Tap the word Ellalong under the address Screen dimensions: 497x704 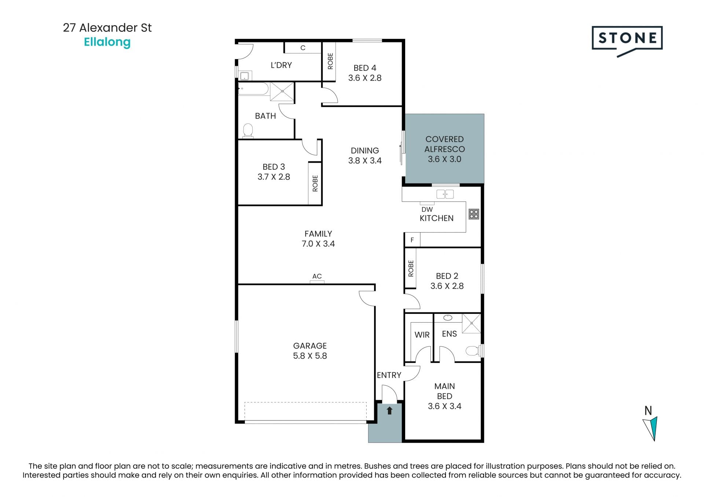107,42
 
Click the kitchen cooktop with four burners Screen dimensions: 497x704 474,214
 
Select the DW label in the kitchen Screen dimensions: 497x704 427,209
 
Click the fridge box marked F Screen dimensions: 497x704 412,240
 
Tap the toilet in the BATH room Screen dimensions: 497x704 248,131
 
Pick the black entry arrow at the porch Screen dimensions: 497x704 389,411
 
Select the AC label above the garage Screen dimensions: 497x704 317,276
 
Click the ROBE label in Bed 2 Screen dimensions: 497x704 411,268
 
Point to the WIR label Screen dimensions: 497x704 422,334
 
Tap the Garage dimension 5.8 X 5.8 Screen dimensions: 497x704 310,356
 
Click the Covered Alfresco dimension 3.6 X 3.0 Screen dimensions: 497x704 444,159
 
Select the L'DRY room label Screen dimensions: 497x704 281,65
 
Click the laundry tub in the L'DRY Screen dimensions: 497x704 245,76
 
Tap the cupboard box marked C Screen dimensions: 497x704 303,48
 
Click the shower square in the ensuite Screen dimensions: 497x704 471,323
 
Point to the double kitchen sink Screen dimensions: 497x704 445,194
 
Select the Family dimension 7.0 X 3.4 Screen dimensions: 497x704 318,244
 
